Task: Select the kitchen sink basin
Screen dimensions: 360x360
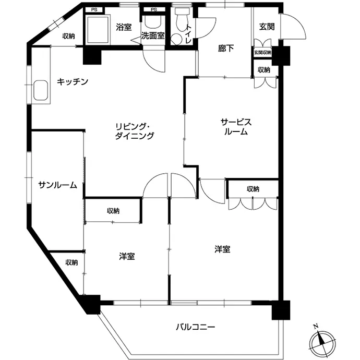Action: [41, 90]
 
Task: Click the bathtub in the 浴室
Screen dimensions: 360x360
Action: [98, 30]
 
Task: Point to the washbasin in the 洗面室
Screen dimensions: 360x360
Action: [153, 22]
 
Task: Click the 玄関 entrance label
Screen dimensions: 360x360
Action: [267, 27]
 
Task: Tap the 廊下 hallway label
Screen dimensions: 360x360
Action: [226, 49]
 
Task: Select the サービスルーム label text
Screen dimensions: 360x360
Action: [236, 127]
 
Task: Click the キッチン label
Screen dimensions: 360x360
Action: [73, 81]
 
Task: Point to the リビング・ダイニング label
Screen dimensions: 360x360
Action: [134, 131]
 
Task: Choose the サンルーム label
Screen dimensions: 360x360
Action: [57, 185]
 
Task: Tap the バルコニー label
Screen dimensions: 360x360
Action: [195, 327]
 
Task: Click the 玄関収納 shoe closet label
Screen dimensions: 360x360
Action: [262, 53]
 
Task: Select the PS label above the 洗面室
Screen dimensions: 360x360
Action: [154, 9]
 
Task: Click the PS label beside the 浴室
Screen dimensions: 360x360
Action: [94, 10]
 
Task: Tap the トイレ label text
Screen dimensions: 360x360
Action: [188, 34]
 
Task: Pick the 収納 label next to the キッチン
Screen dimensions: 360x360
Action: [69, 36]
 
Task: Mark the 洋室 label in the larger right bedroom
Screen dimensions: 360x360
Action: [222, 249]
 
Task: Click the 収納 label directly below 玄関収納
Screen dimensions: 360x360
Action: [264, 69]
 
